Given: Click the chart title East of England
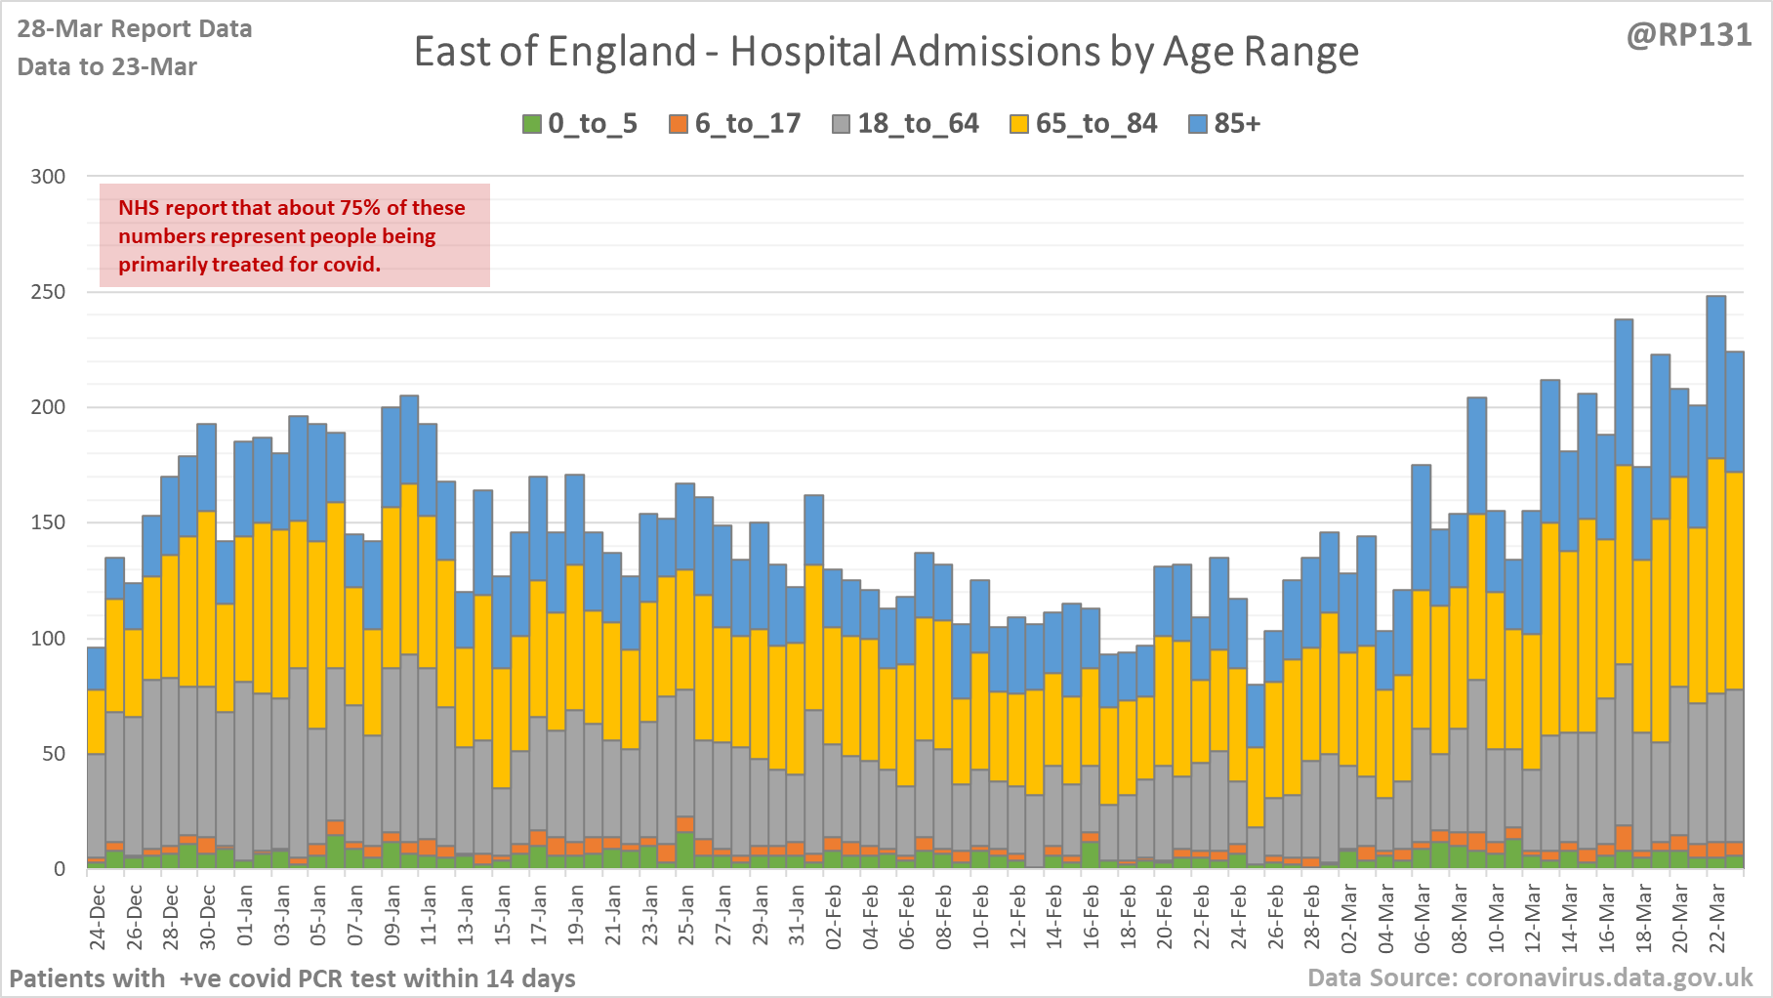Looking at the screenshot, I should [x=886, y=52].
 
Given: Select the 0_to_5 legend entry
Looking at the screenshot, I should [x=580, y=124].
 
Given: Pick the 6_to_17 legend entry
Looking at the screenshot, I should [x=735, y=124].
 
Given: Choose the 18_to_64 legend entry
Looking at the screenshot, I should [x=905, y=124].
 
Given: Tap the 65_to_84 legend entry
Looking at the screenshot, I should [x=1084, y=124].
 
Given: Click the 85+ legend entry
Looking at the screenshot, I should [x=1225, y=124].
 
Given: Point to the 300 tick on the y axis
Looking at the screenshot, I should [x=48, y=177].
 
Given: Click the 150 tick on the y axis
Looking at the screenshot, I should [x=48, y=522].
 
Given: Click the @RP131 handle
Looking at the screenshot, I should [x=1688, y=35].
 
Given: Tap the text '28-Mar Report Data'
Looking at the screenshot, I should [x=135, y=29].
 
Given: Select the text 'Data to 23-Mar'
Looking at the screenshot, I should [x=107, y=67].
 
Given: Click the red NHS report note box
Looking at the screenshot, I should [x=294, y=235].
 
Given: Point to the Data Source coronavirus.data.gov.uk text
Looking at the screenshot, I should [x=1530, y=977].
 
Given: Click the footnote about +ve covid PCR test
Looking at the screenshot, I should [x=293, y=978].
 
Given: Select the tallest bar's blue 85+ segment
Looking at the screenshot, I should [x=1715, y=377].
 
